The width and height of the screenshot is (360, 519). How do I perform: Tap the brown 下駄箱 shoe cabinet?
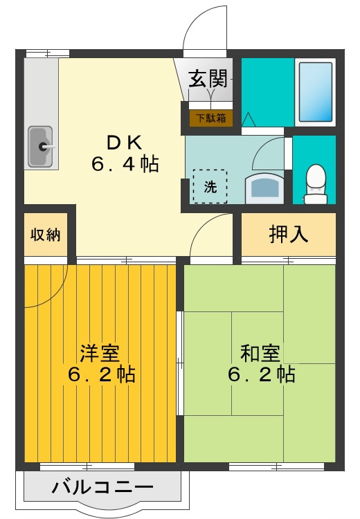coord(210,118)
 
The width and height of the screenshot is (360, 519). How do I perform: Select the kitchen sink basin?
coord(41,146)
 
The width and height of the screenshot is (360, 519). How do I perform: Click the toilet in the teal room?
coord(316,183)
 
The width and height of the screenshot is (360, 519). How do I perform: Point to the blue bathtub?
coord(315,90)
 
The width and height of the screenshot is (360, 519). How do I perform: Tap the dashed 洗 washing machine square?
coord(209,186)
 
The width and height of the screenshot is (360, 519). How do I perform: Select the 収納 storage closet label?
coord(44,234)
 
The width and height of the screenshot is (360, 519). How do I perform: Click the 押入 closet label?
coord(288,235)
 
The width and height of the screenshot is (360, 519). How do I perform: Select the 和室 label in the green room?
coord(260,352)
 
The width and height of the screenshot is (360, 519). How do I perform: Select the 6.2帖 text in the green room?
coord(261,374)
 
